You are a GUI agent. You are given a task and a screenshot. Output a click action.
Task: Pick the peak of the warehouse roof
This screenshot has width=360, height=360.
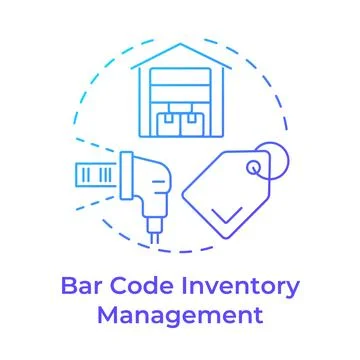point(179,46)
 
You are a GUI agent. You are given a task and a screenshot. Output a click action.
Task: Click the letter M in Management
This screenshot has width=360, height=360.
point(106,318)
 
